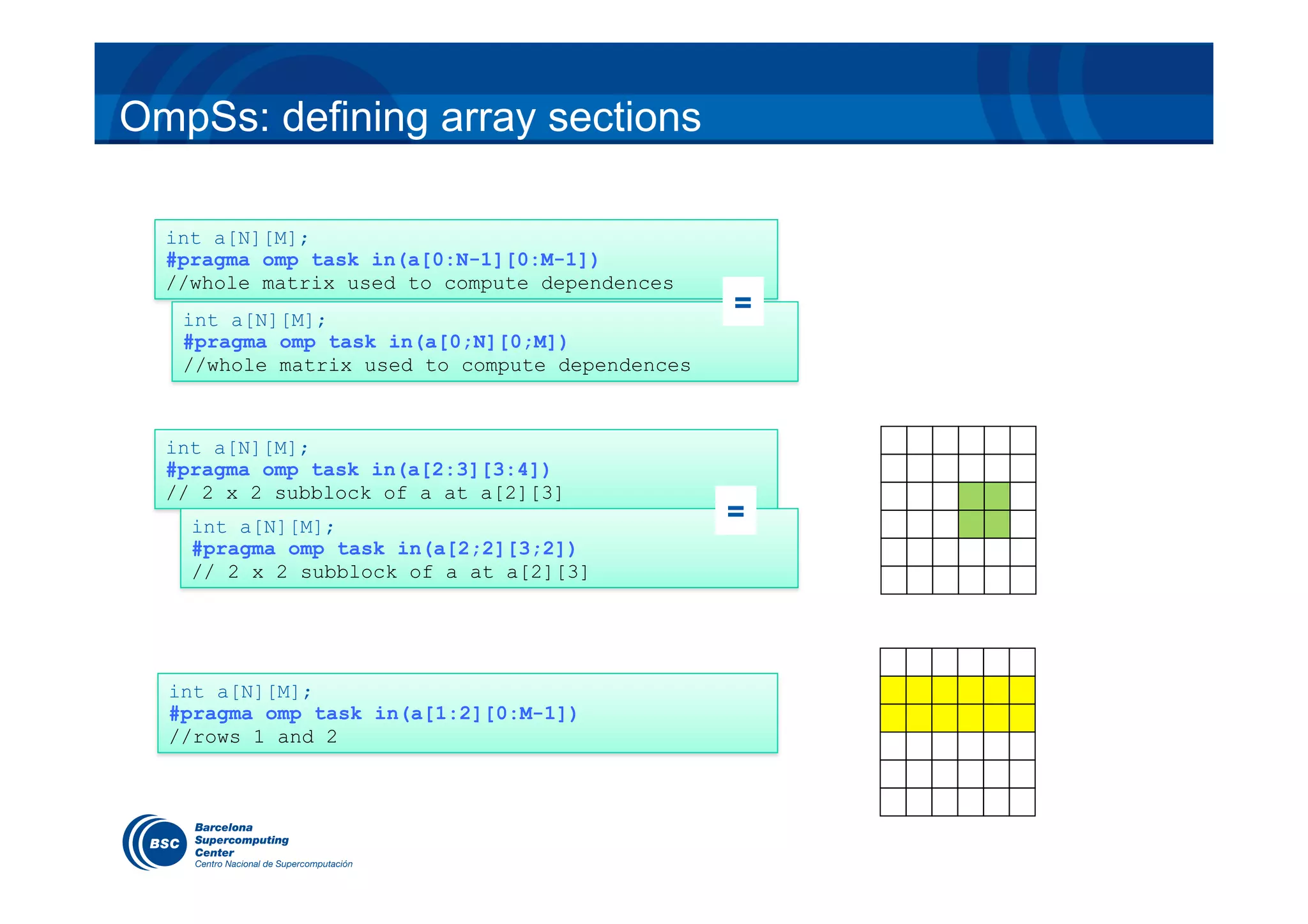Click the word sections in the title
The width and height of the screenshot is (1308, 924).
click(x=624, y=117)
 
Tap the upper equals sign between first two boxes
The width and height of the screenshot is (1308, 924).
click(x=743, y=302)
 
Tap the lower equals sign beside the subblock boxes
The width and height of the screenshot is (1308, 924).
click(x=736, y=510)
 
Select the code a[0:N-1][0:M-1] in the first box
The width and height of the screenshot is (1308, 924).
click(x=503, y=260)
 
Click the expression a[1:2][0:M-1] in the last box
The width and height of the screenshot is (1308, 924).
click(x=493, y=714)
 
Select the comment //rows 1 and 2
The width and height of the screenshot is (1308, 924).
click(x=253, y=737)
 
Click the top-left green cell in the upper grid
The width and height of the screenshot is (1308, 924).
click(x=971, y=496)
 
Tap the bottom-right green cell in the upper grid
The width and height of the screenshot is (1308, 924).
click(x=997, y=524)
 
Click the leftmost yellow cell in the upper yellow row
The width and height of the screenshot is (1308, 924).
click(x=893, y=690)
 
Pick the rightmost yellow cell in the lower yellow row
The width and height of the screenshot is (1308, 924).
click(x=1022, y=718)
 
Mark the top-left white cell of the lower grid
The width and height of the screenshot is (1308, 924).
click(x=893, y=662)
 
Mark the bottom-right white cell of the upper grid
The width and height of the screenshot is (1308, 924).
click(x=1023, y=580)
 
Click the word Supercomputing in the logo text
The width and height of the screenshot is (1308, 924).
click(x=241, y=840)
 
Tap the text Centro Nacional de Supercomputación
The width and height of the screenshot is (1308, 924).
click(x=273, y=864)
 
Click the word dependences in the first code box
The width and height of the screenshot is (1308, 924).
click(x=607, y=284)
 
